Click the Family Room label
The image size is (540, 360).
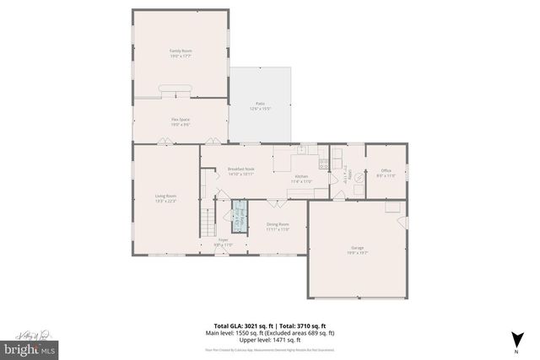[181, 53]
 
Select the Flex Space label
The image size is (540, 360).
[181, 121]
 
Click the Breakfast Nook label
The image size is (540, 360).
[240, 171]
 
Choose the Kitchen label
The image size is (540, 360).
[301, 180]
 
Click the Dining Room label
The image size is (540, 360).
[278, 227]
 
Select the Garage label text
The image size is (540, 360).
[358, 250]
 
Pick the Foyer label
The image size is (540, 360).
[224, 242]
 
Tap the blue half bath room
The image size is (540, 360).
[238, 217]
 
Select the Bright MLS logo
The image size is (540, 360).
[30, 347]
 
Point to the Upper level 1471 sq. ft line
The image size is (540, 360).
[269, 341]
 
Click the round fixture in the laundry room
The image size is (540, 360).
[356, 176]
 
